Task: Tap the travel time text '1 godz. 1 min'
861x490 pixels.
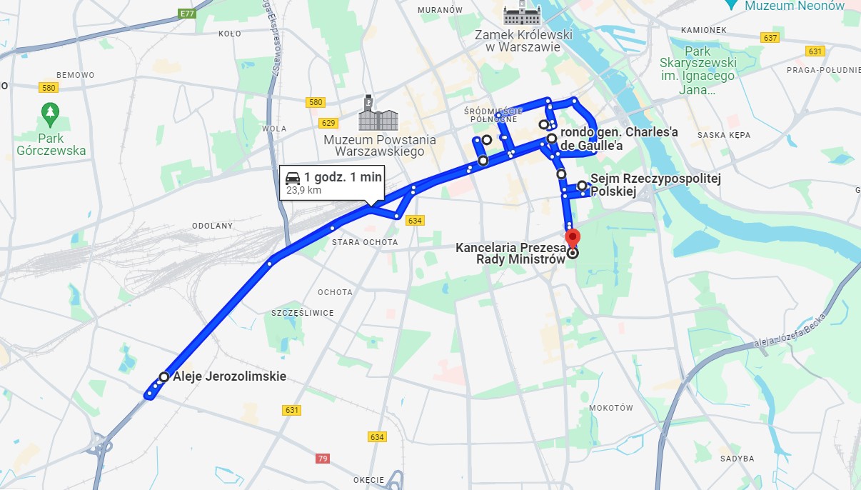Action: pos(343,178)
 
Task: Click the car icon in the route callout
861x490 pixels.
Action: pos(293,178)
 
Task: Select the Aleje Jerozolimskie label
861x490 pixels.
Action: pos(230,376)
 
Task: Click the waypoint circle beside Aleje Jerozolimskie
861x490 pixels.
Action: pos(164,376)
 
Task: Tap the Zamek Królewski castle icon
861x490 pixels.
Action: pos(523,14)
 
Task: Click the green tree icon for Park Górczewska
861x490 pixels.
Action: pos(49,112)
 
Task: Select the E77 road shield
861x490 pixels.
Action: pos(188,14)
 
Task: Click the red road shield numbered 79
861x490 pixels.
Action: pos(323,458)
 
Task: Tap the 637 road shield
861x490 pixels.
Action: pos(770,37)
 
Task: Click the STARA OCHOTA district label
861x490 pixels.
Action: pos(365,242)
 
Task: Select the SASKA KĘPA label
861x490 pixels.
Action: pos(722,134)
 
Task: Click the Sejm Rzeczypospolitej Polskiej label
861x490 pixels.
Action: pos(655,185)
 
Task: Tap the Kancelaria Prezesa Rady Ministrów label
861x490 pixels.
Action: pos(510,254)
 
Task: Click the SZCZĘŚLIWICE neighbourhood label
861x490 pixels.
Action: pos(303,313)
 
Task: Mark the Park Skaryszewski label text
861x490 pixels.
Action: pos(709,70)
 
